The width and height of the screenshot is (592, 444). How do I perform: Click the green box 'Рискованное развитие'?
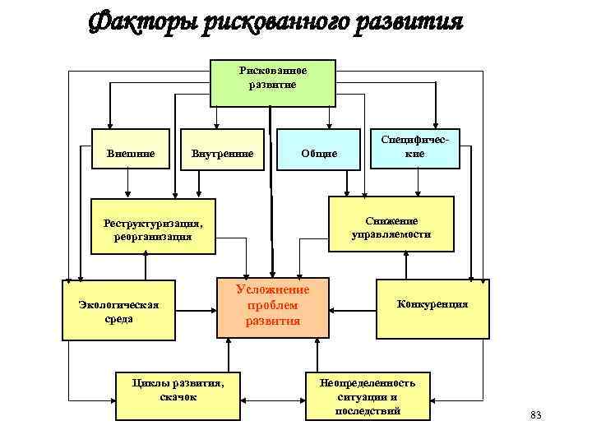272,82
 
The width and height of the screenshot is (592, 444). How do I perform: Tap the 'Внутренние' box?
222,154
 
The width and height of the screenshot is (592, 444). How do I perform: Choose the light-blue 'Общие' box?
318,154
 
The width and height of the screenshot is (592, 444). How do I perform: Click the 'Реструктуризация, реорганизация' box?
153,229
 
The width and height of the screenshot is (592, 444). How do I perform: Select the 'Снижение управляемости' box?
391,227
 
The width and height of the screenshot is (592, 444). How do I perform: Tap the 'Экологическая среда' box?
118,310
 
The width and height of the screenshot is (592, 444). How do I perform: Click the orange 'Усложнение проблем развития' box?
272,305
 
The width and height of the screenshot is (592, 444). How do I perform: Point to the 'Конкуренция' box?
431,305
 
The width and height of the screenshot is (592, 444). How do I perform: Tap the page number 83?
536,414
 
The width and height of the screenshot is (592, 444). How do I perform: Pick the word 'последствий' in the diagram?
368,410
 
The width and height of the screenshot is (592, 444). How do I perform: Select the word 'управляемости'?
391,234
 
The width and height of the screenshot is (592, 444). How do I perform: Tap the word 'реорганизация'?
153,237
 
